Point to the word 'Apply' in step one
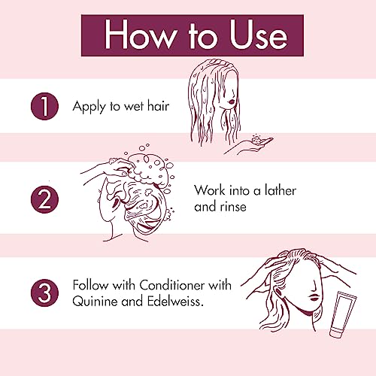[x=89, y=107]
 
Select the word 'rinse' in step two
[x=233, y=207]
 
